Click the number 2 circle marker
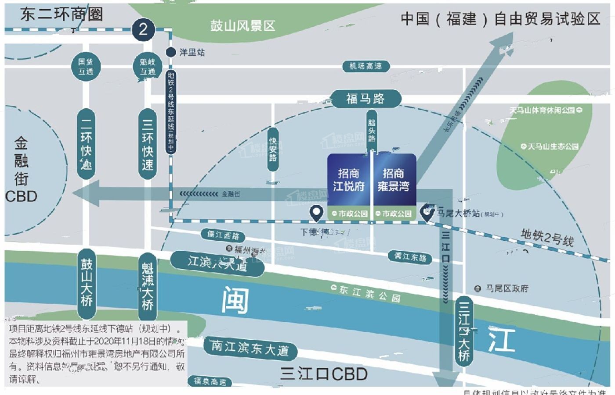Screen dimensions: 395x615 tap(143, 29)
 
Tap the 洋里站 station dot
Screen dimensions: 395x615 tap(171, 52)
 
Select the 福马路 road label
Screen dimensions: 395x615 tap(365, 99)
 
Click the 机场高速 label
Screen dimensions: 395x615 tap(365, 66)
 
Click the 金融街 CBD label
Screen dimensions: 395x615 tap(21, 169)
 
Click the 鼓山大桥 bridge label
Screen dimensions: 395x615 tap(87, 283)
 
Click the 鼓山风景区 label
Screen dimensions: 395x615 tap(242, 26)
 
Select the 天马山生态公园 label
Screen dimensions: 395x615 tap(550, 146)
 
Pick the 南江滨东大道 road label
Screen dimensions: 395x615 tap(250, 348)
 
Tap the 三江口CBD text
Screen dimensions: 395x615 tap(324, 374)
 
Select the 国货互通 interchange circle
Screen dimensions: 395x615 tap(86, 67)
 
